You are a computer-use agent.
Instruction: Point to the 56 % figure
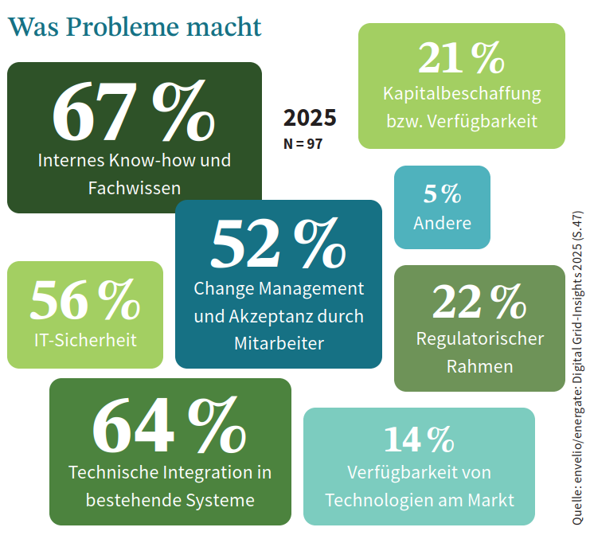click(x=84, y=302)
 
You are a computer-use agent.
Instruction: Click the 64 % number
click(x=170, y=424)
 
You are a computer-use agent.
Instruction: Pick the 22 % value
click(x=480, y=302)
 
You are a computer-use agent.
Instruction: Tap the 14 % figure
click(x=419, y=439)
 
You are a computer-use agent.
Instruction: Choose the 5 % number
click(x=442, y=193)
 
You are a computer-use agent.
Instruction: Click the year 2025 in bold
click(x=310, y=118)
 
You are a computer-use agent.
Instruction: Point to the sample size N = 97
click(x=303, y=144)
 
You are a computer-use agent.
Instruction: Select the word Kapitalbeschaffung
click(x=462, y=93)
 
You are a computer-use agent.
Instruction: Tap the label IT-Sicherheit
click(x=85, y=340)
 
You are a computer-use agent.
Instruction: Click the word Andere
click(x=442, y=223)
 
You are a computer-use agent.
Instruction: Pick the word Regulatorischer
click(x=480, y=338)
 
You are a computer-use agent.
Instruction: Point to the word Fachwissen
click(x=134, y=189)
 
